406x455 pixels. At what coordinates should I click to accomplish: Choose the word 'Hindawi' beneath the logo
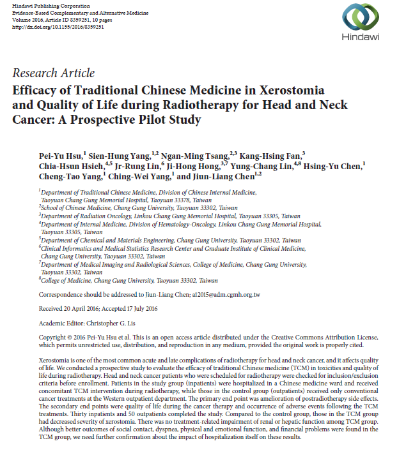point(362,36)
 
